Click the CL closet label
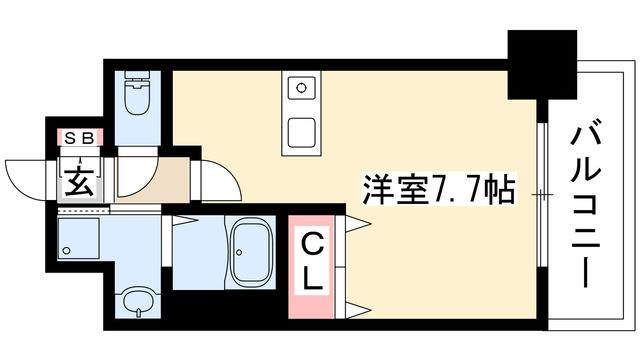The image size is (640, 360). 313,261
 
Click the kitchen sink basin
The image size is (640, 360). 300,132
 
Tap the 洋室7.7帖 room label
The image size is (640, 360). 438,189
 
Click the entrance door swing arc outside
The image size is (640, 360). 30,175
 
